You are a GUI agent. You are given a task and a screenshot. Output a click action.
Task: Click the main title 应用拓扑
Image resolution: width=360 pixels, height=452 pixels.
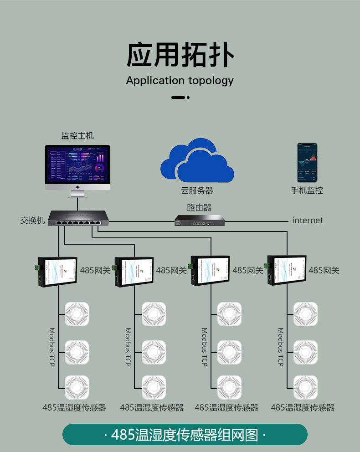180,55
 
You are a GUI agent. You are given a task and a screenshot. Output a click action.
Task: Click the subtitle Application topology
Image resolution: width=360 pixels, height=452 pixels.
180,81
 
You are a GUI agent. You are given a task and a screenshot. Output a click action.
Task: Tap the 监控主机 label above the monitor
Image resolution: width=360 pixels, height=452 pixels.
77,135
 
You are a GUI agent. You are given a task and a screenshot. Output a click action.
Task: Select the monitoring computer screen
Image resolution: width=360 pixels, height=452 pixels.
77,164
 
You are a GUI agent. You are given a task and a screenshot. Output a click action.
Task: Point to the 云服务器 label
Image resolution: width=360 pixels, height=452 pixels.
197,190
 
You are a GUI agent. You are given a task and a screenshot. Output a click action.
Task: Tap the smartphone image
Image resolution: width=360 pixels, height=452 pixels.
307,163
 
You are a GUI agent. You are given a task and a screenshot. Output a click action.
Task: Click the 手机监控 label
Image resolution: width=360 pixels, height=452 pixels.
307,190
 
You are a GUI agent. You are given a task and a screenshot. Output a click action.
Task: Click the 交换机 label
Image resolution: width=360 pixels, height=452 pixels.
32,221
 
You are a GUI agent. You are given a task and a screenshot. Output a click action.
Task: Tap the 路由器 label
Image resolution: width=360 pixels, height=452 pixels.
199,208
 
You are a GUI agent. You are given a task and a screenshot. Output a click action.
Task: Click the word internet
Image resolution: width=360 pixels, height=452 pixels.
307,221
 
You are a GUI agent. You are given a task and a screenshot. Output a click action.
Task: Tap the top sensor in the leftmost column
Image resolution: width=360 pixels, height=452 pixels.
77,314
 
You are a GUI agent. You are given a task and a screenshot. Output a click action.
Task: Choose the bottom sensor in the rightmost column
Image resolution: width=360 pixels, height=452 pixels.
305,387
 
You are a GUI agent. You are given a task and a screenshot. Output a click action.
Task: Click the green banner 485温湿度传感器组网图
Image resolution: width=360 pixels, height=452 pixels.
185,434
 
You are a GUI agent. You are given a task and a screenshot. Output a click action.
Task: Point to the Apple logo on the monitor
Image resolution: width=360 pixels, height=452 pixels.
77,187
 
